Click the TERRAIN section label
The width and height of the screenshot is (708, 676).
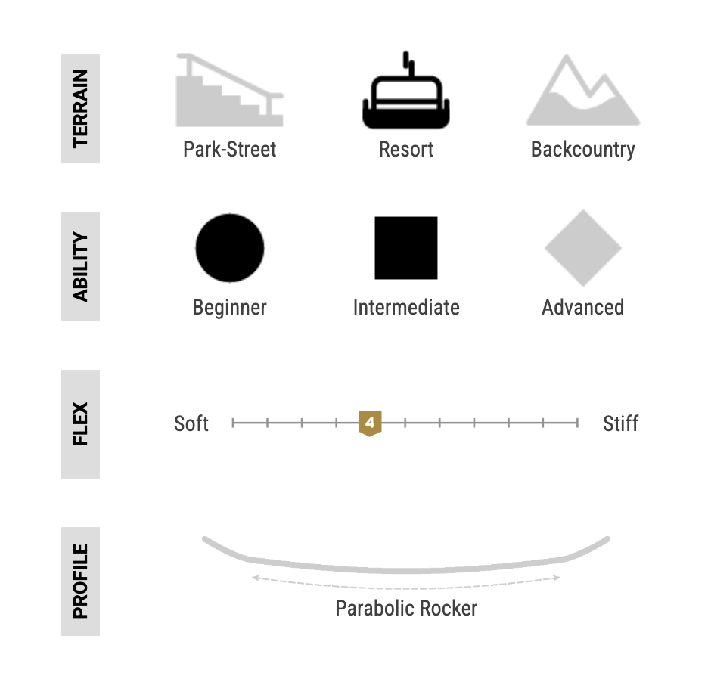click(x=80, y=109)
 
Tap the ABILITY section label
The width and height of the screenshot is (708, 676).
click(x=80, y=267)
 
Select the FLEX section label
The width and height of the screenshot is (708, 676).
click(x=80, y=424)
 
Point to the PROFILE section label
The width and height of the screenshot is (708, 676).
click(x=80, y=581)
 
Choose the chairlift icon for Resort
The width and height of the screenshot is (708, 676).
click(x=406, y=90)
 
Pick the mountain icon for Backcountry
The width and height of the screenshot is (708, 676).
click(x=583, y=90)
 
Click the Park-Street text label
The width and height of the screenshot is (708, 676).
click(x=229, y=150)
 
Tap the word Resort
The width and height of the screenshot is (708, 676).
click(x=406, y=150)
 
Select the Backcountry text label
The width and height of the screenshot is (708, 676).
click(x=583, y=150)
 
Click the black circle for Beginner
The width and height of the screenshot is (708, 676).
click(x=230, y=248)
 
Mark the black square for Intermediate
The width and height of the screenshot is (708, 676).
click(x=406, y=248)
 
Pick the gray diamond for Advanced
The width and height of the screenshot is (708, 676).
click(x=583, y=248)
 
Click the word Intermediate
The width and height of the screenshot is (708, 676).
click(x=406, y=307)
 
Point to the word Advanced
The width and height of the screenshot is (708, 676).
click(x=583, y=307)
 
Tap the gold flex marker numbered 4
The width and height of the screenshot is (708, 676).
click(x=370, y=423)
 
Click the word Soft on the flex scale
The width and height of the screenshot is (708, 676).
click(x=191, y=423)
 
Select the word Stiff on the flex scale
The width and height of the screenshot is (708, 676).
click(x=620, y=423)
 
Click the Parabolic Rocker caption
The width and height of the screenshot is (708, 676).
click(x=406, y=608)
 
